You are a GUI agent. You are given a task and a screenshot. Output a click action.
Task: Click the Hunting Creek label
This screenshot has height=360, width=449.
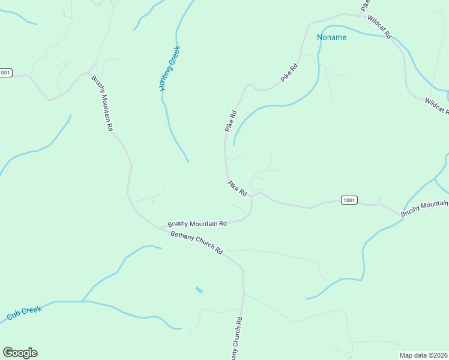(x=170, y=68)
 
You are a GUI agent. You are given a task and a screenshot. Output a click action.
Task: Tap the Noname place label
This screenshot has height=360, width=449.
(x=332, y=37)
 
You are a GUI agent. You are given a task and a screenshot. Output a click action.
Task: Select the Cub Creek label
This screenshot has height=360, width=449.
(x=24, y=313)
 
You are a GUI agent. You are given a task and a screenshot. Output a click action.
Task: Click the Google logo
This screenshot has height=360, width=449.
(x=20, y=353)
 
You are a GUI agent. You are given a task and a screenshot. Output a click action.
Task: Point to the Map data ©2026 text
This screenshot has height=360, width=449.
(x=423, y=355)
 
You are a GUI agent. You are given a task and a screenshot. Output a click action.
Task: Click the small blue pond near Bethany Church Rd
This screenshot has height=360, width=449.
(x=199, y=290)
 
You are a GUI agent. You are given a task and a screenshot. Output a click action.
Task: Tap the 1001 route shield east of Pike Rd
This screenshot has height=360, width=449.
(x=349, y=200)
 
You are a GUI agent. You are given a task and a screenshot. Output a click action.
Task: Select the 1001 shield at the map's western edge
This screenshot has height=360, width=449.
(x=5, y=73)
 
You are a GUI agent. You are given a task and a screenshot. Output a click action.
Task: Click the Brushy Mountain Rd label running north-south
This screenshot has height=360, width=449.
(x=102, y=103)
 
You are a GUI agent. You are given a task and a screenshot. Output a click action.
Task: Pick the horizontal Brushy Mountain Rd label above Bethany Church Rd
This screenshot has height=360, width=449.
(x=197, y=223)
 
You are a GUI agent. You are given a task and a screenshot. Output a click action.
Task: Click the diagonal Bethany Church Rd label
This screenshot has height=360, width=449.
(x=196, y=242)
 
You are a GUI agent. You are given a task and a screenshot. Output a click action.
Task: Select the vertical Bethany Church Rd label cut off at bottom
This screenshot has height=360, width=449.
(x=235, y=339)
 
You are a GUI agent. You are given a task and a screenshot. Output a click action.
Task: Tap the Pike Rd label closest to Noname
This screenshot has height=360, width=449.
(x=289, y=73)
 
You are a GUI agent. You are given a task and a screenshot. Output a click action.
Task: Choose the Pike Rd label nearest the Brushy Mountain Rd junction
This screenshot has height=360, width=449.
(x=237, y=188)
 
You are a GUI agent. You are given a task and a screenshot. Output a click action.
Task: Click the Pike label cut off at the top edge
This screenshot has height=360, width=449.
(x=365, y=5)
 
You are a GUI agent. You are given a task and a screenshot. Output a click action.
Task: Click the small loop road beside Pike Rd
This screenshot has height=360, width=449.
(x=258, y=191)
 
